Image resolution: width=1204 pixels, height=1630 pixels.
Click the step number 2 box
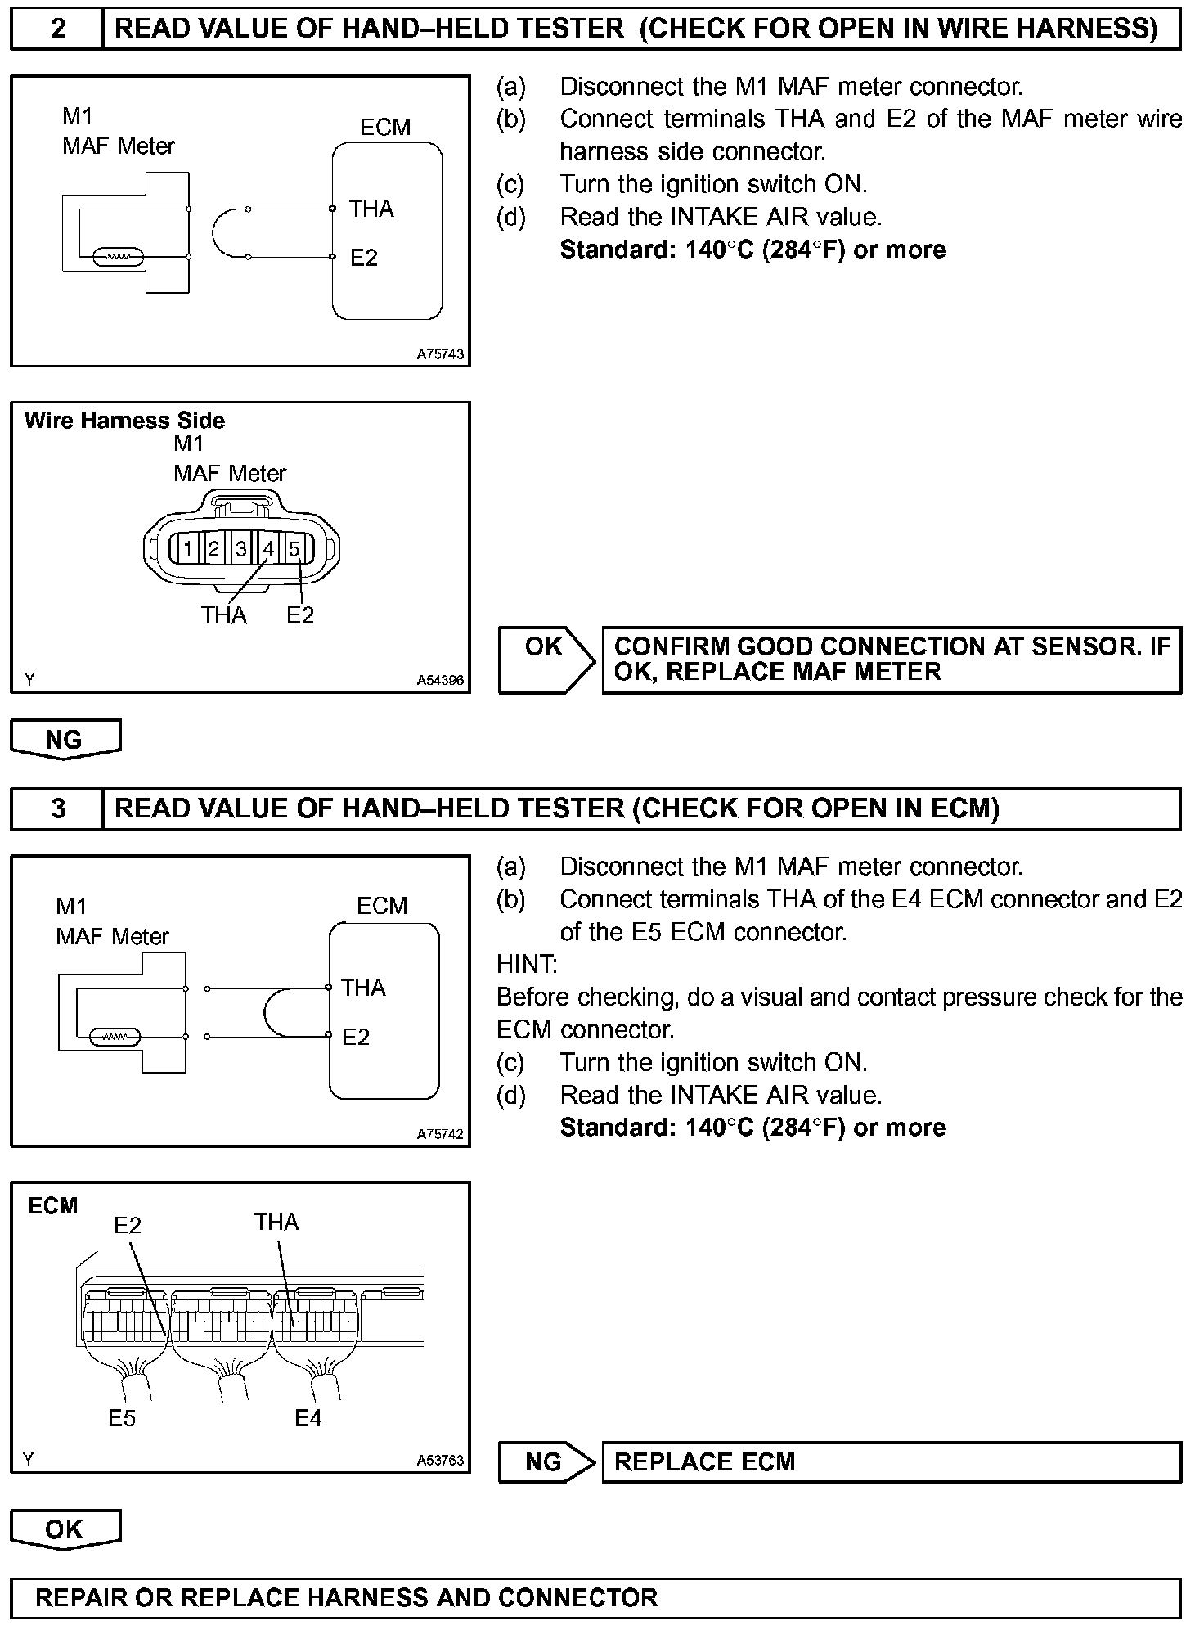point(57,29)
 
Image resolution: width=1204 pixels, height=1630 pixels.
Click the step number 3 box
point(57,808)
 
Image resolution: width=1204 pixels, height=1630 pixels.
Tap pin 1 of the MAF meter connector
point(187,548)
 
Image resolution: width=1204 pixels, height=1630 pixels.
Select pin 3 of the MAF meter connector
point(241,548)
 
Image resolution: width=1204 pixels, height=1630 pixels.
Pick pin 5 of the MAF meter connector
point(294,548)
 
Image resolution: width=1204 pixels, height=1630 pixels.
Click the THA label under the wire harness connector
point(223,615)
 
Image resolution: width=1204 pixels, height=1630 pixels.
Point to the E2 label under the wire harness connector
point(300,615)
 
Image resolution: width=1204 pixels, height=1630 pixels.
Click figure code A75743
point(440,354)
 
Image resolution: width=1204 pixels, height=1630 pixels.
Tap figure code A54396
point(440,680)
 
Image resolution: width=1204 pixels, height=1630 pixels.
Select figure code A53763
point(440,1460)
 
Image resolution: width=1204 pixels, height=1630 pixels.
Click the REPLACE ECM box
point(892,1462)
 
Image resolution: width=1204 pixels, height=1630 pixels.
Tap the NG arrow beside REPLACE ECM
point(546,1462)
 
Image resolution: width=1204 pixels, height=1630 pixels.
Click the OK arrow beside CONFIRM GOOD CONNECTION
point(546,660)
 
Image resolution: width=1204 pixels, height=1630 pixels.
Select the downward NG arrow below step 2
point(65,739)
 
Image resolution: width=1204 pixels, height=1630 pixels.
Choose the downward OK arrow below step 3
point(65,1529)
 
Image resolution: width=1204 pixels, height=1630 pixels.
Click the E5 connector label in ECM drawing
point(122,1418)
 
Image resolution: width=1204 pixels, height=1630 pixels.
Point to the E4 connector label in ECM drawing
point(308,1418)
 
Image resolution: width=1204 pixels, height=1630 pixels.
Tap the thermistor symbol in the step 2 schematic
point(119,258)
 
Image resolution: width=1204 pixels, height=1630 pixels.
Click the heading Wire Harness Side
point(124,421)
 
